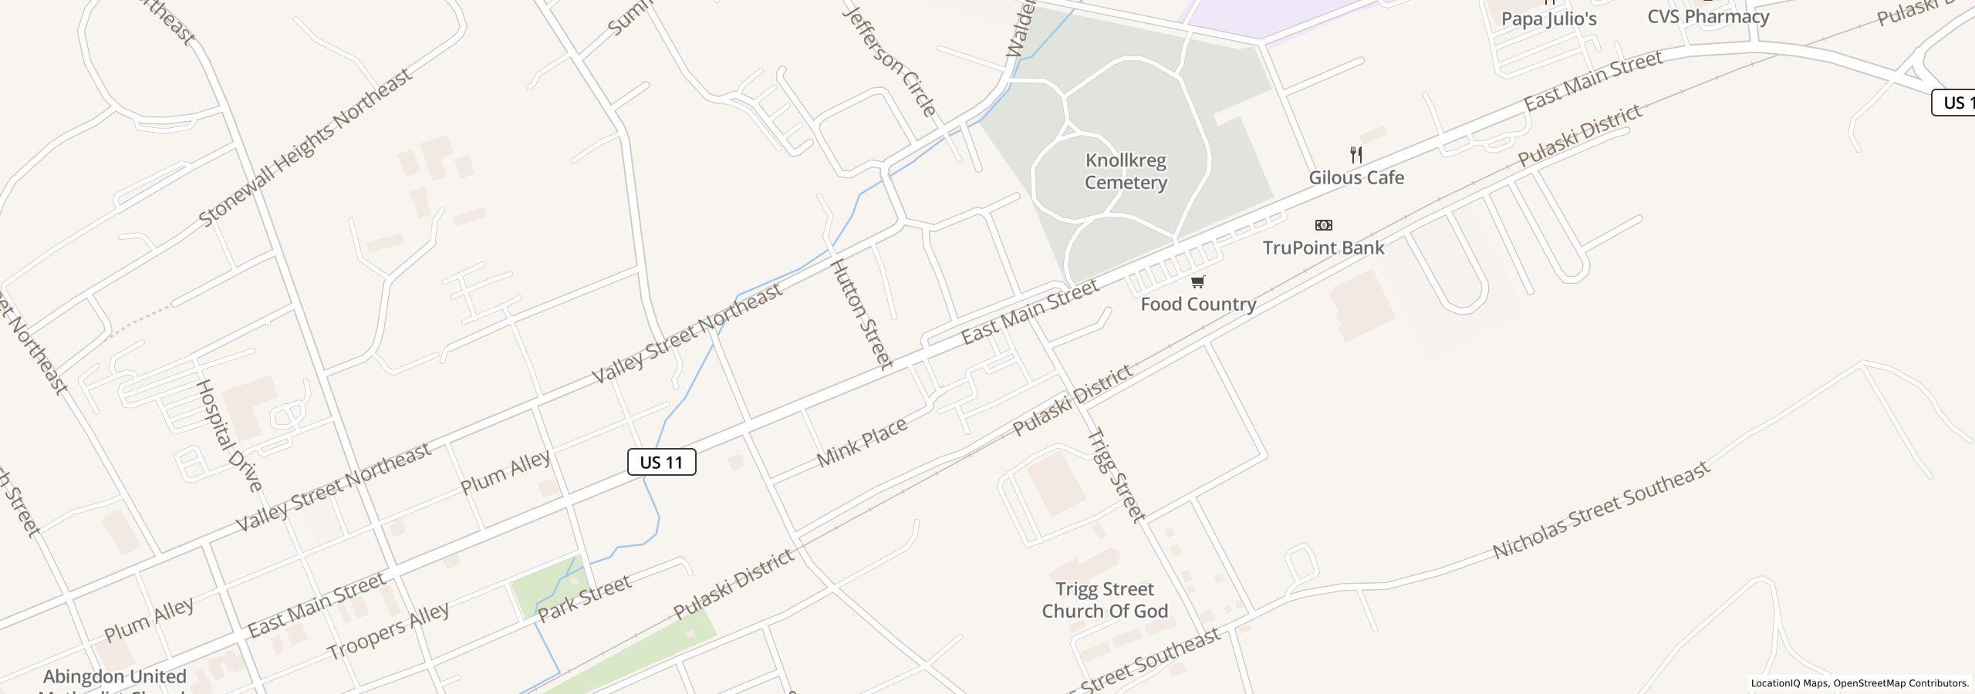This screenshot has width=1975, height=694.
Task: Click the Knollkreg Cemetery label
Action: tap(1126, 171)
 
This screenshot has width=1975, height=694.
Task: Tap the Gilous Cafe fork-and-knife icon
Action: tap(1356, 154)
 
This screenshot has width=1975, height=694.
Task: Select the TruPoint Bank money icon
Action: tap(1323, 225)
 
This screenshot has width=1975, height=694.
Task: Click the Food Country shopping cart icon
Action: tap(1197, 281)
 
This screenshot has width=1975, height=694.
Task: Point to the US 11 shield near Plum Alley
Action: tap(662, 462)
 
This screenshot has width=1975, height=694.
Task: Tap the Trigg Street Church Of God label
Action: tap(1105, 600)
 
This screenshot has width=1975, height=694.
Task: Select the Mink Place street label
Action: tap(862, 443)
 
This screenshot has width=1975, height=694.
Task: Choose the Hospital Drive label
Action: tap(228, 435)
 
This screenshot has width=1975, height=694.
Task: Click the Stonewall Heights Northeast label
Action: tap(306, 147)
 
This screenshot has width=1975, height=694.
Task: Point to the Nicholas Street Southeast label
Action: tap(1602, 510)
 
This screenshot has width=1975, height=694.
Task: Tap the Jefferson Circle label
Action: tap(890, 61)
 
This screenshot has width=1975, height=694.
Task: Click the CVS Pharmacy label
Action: tap(1708, 16)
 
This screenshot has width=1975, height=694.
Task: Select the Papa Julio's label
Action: tap(1548, 19)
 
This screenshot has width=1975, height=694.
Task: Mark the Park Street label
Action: tap(584, 598)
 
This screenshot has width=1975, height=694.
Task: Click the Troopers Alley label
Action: tap(388, 630)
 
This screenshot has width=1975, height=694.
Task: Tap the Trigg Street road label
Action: tap(1116, 475)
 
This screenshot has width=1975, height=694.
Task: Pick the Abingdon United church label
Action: tap(115, 677)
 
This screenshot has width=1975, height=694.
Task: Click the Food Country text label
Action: tap(1198, 304)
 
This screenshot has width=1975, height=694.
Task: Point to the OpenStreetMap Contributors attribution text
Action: tap(1900, 683)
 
